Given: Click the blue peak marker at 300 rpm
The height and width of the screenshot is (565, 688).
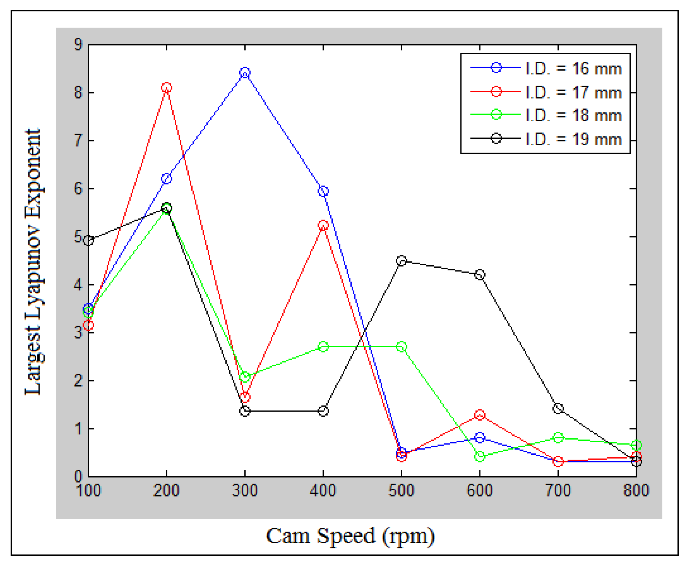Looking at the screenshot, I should pyautogui.click(x=245, y=73).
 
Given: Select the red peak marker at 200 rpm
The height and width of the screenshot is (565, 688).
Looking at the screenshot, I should pyautogui.click(x=167, y=87).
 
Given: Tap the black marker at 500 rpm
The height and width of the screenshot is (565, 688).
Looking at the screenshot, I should pyautogui.click(x=401, y=261).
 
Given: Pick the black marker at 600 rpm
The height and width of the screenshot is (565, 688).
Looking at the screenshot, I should pyautogui.click(x=479, y=275).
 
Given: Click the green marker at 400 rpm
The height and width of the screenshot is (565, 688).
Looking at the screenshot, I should pyautogui.click(x=323, y=347).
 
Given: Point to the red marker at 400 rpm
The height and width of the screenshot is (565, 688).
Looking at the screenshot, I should pyautogui.click(x=323, y=225).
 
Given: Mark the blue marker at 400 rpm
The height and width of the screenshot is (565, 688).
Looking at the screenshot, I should pyautogui.click(x=323, y=191).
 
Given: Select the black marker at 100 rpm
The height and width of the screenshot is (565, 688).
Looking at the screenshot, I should pyautogui.click(x=89, y=241).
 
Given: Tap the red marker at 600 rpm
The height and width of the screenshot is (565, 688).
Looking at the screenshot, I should pyautogui.click(x=479, y=415).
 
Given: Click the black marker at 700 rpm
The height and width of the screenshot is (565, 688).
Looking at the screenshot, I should pyautogui.click(x=558, y=408).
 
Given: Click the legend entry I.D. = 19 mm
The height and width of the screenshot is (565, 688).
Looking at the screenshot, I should pyautogui.click(x=573, y=139).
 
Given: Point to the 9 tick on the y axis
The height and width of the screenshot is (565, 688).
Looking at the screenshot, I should pyautogui.click(x=78, y=45).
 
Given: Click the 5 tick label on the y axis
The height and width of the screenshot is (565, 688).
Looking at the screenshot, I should pyautogui.click(x=78, y=237).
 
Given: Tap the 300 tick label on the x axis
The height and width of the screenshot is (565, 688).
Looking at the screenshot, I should pyautogui.click(x=245, y=491).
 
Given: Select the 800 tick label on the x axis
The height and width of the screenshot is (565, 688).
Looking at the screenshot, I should pyautogui.click(x=636, y=491).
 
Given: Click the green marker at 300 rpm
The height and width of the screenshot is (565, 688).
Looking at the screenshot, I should pyautogui.click(x=245, y=377).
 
